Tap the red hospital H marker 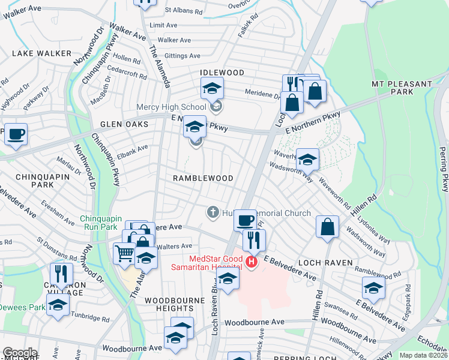(x=252, y=262)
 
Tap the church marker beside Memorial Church (x=212, y=212)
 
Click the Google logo (x=20, y=353)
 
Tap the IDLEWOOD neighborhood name (x=222, y=73)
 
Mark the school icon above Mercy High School (x=211, y=88)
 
